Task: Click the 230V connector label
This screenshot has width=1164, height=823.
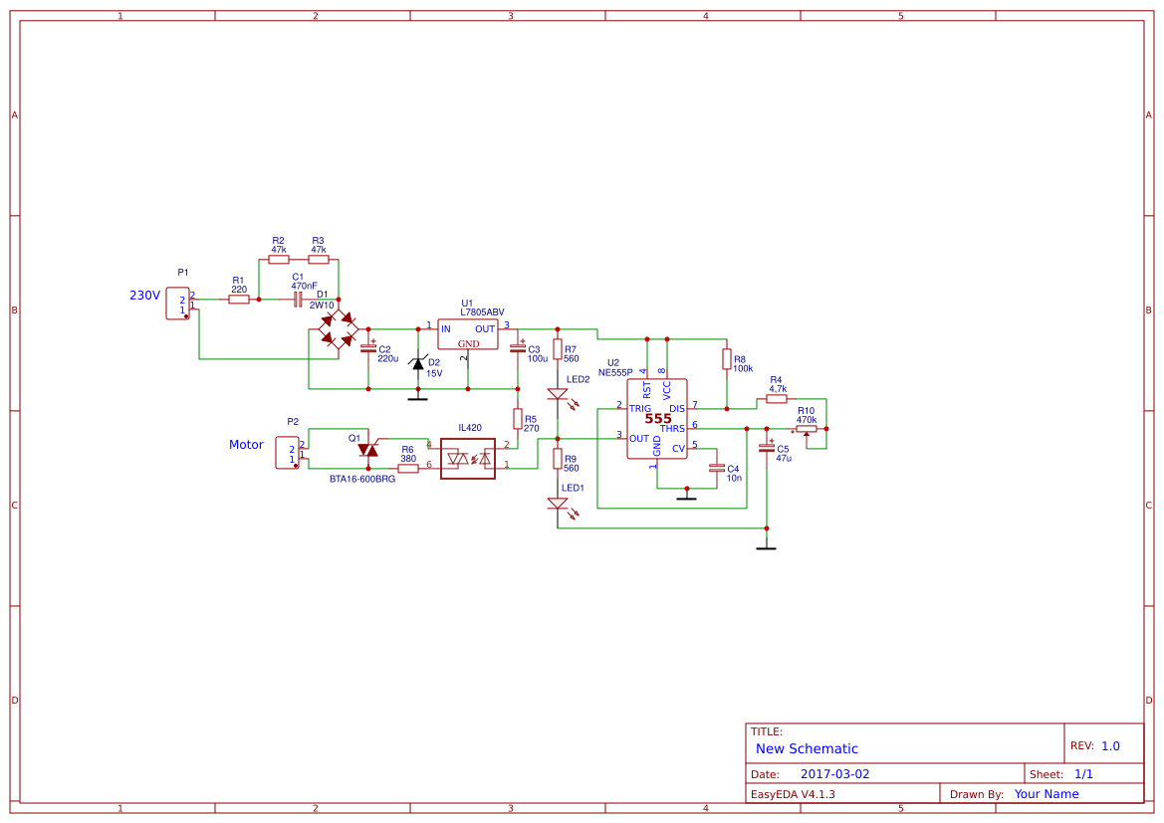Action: click(144, 296)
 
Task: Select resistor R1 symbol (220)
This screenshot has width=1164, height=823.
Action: click(239, 299)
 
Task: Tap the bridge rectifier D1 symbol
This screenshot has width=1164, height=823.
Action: click(339, 328)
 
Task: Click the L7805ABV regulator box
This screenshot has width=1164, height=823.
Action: click(467, 334)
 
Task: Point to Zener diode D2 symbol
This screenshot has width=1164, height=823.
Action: click(418, 364)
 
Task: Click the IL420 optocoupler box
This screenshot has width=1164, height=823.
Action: click(468, 459)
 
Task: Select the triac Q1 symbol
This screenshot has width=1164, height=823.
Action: click(368, 450)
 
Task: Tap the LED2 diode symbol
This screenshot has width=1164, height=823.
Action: click(558, 395)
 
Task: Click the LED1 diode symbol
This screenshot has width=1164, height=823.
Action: click(558, 504)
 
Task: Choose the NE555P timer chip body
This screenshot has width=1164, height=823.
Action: click(656, 419)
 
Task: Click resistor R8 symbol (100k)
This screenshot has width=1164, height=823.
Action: click(726, 359)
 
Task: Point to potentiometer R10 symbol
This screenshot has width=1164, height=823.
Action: click(807, 429)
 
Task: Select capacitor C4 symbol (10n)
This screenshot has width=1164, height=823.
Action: click(716, 468)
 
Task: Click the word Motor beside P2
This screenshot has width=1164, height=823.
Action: click(246, 445)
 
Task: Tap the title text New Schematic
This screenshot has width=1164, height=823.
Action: click(807, 748)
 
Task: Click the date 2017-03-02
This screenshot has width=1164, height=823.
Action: click(834, 774)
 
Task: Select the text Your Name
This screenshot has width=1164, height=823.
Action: click(1047, 794)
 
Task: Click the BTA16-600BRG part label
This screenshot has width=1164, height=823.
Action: click(362, 479)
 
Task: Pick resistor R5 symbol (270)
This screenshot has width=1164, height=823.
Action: click(518, 418)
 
